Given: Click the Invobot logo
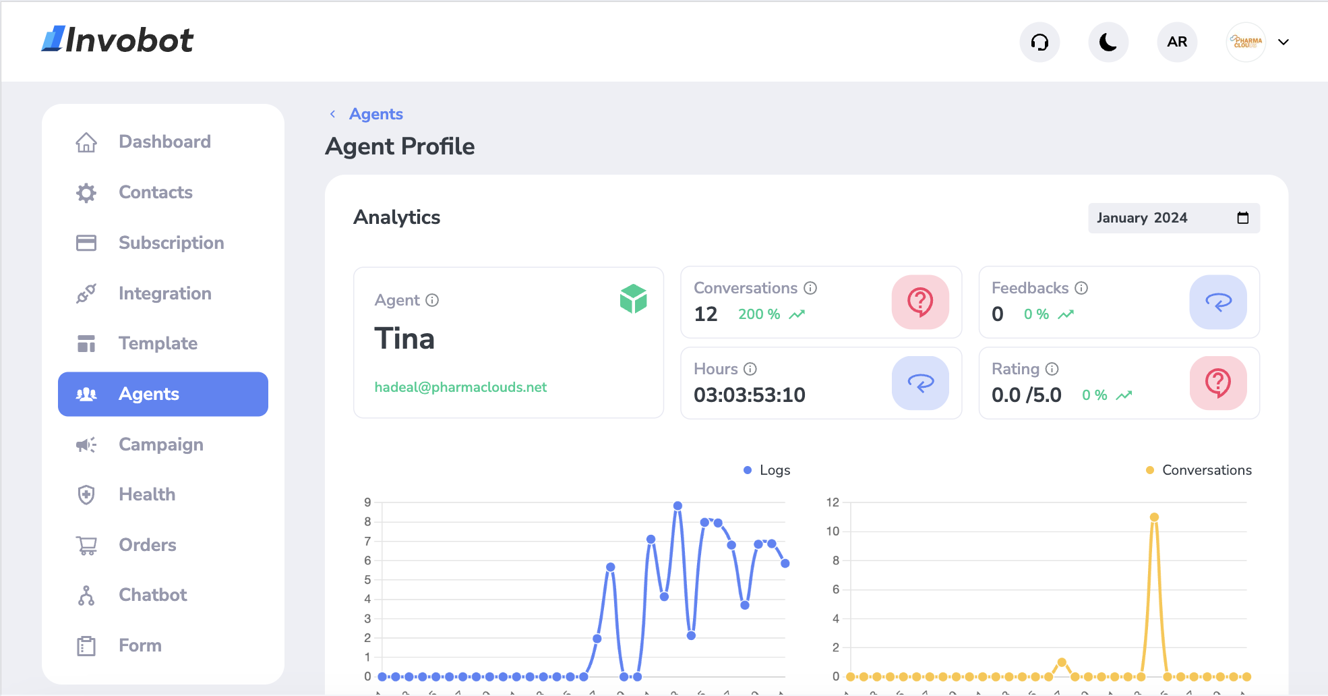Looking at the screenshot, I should [118, 40].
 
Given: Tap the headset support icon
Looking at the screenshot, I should [1039, 42].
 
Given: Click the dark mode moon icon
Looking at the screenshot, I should [1108, 42].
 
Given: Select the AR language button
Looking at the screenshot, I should [1177, 42].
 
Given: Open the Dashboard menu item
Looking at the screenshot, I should [164, 142].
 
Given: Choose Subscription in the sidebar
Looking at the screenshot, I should [171, 243].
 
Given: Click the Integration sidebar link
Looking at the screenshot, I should [164, 293].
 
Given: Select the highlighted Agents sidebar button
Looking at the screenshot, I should [163, 394].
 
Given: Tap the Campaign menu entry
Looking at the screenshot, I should [160, 444].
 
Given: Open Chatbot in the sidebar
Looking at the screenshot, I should [152, 595].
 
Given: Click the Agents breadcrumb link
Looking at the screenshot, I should [375, 114].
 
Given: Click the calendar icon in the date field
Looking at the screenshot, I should [1243, 218].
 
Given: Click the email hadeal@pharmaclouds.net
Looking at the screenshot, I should [460, 387].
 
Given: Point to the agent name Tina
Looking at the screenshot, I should [404, 339].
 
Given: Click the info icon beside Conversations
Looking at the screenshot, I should [810, 288].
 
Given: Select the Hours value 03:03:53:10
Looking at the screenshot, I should [750, 395].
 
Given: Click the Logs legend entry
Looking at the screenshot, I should [767, 470].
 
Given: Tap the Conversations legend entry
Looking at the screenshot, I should [1199, 470].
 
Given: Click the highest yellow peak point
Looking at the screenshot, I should [1154, 517].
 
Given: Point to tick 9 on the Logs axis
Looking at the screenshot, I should [367, 502].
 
